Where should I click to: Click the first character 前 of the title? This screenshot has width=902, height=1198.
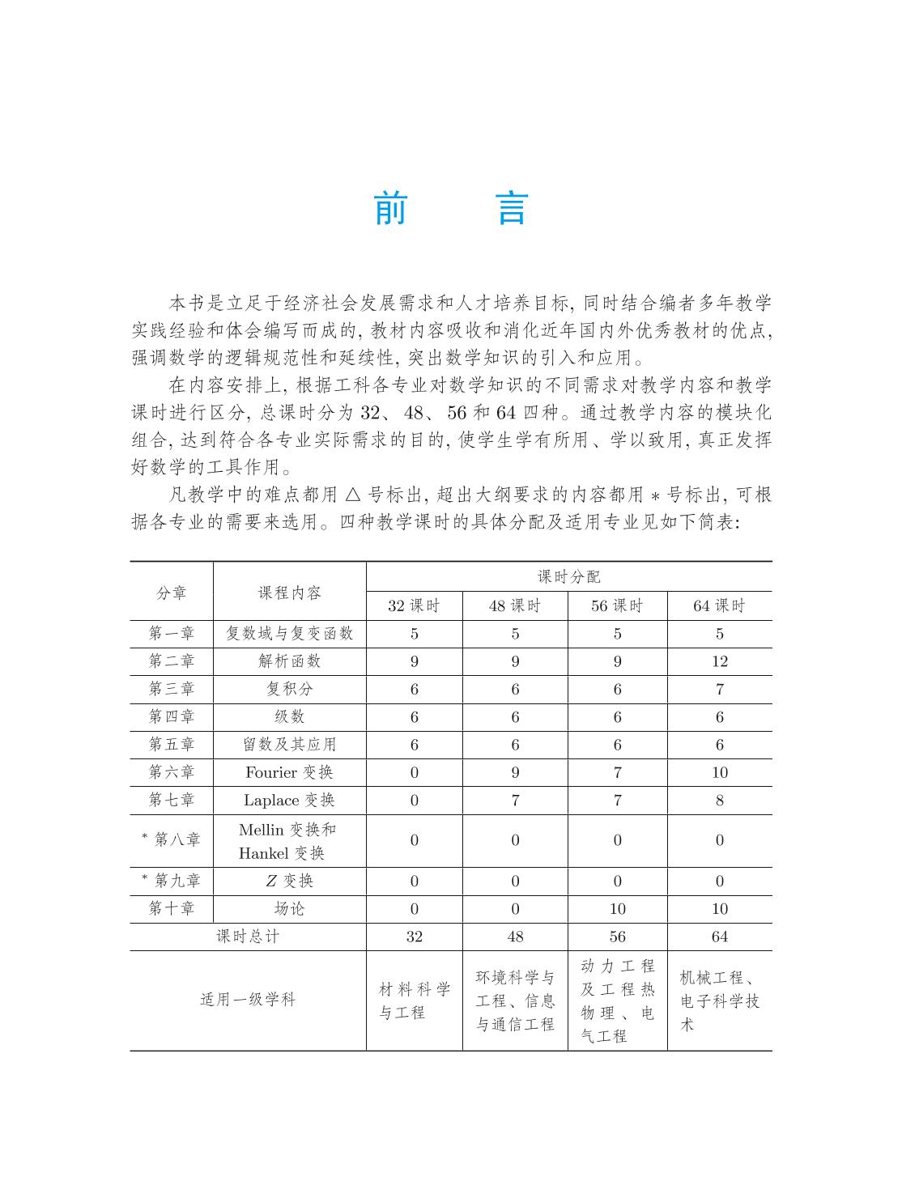point(390,209)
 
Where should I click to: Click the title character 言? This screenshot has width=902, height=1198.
point(512,209)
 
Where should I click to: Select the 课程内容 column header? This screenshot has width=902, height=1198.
point(289,593)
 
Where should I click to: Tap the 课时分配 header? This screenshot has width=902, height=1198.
point(569,576)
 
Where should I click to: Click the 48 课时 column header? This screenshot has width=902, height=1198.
point(515,605)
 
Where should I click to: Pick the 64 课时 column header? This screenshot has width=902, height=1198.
point(719,605)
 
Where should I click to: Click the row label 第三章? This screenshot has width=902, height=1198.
point(172,689)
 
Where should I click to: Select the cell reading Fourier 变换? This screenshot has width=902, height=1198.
point(289,772)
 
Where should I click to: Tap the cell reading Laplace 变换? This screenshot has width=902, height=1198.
point(289,800)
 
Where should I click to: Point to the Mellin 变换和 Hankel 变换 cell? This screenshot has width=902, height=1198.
point(289,841)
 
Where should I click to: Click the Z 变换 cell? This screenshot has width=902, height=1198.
point(289,881)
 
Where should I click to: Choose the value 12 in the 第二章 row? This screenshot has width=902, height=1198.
point(719,661)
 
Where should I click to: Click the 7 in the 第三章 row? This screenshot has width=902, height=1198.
point(719,690)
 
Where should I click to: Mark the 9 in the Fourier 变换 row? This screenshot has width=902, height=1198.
point(515,772)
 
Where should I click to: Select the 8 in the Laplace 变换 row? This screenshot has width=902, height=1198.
point(719,801)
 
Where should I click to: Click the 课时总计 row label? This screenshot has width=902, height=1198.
point(248,937)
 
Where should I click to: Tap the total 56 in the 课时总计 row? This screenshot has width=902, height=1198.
point(617,937)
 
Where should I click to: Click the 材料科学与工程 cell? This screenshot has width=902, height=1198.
point(415,1000)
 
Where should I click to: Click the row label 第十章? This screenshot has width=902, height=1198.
point(172,909)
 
